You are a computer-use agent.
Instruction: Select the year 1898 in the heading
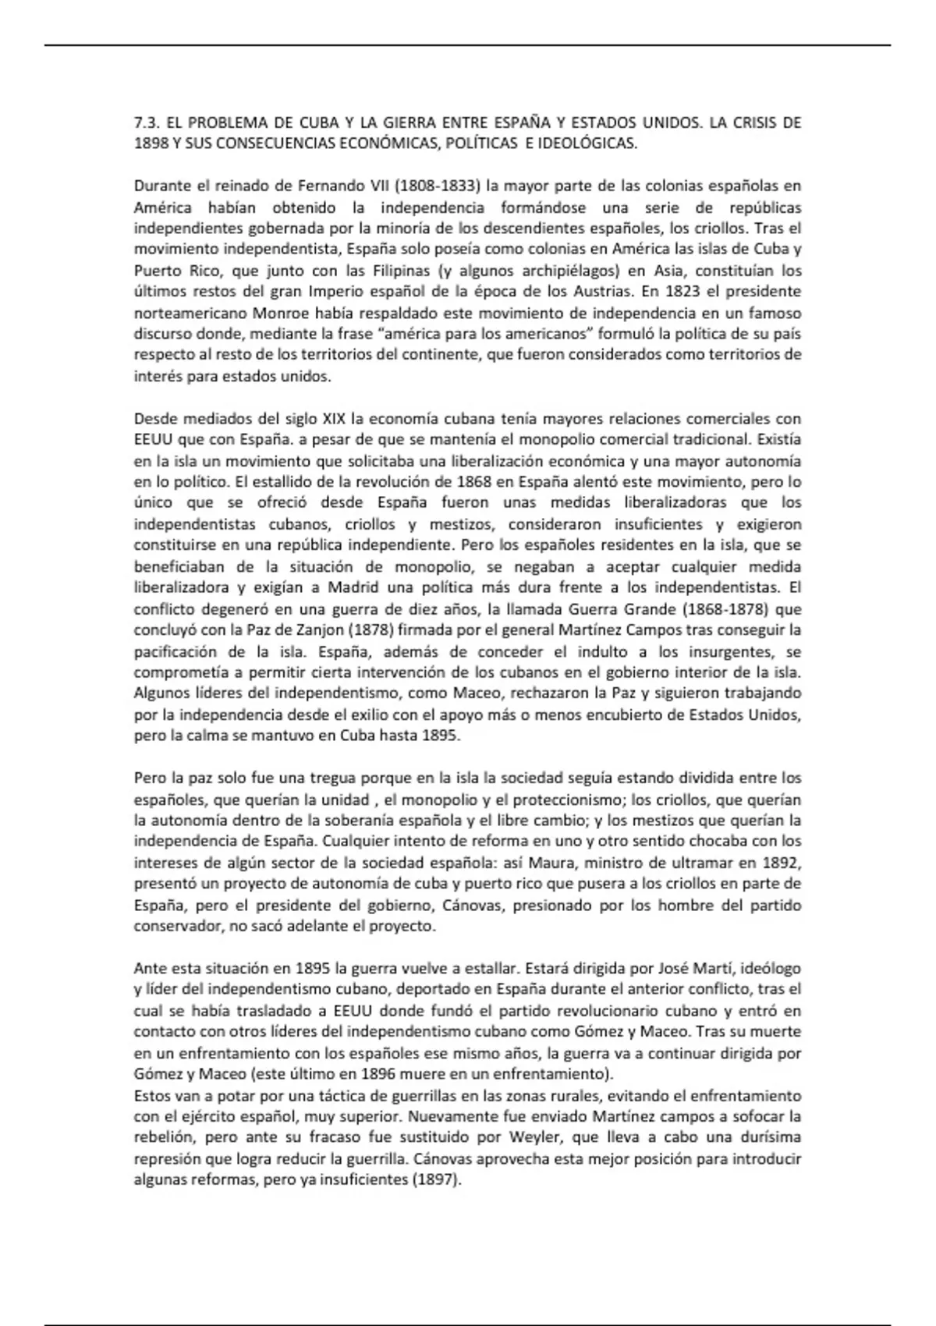click(148, 144)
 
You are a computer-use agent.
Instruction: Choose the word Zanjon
click(277, 629)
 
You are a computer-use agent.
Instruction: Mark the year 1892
click(782, 863)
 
